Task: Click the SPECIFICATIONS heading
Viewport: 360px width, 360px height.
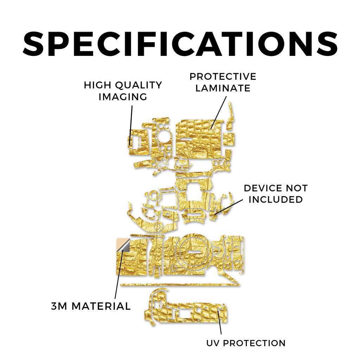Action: point(180,44)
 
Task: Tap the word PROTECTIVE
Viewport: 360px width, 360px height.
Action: point(223,77)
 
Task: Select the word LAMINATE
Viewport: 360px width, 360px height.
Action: point(223,88)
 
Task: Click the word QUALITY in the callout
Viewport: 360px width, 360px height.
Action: point(139,85)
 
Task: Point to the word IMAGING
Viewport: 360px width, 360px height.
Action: point(123,97)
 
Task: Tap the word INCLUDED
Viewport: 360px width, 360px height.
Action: point(276,200)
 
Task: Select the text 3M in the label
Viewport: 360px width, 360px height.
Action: point(59,306)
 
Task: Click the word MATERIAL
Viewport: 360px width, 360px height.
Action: point(101,306)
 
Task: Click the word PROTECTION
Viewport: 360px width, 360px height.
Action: point(254,343)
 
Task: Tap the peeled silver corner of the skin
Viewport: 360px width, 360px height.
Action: point(125,246)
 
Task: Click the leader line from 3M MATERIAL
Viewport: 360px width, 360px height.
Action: point(119,274)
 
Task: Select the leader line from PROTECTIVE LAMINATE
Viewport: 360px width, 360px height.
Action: point(219,112)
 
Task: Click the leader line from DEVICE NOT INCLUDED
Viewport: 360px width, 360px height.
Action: point(229,207)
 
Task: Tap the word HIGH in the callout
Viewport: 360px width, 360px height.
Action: point(97,85)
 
